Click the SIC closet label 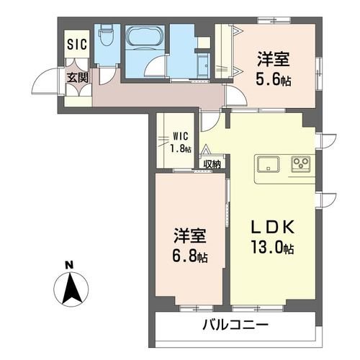pyautogui.click(x=77, y=44)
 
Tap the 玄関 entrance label pyautogui.click(x=78, y=77)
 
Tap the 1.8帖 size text pyautogui.click(x=181, y=149)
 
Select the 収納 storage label pyautogui.click(x=212, y=163)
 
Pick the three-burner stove pyautogui.click(x=300, y=163)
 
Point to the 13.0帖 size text pyautogui.click(x=273, y=249)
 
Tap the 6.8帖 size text pyautogui.click(x=189, y=255)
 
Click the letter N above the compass pyautogui.click(x=69, y=264)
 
